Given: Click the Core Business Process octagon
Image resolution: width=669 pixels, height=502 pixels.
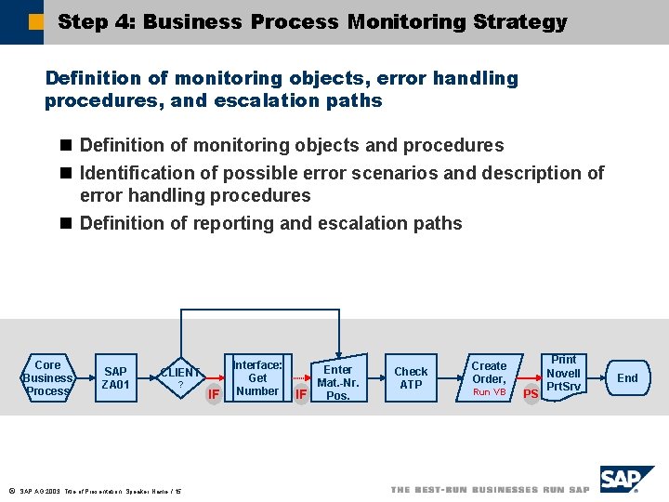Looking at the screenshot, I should coord(47,377).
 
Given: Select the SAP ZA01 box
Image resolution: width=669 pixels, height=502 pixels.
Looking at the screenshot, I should coord(116,377).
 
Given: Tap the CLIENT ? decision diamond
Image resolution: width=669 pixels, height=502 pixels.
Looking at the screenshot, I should coord(180,377).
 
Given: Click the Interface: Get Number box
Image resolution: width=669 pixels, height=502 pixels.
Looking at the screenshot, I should coord(257,377).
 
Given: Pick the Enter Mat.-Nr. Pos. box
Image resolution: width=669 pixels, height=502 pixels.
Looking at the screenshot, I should coord(337,377).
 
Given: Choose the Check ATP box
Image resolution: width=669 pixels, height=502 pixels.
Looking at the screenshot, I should coord(411,377).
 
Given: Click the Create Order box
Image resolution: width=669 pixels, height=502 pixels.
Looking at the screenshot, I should coord(489,377).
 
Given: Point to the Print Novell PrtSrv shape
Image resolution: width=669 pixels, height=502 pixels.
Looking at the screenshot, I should coord(563,375).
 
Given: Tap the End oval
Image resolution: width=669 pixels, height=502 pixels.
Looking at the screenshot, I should coord(627,377).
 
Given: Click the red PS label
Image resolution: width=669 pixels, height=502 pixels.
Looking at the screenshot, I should coord(531,394).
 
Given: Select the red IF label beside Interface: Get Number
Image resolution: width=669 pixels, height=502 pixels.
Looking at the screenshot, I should coord(214,394).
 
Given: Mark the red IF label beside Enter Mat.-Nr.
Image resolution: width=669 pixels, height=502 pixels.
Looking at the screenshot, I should coord(300,394).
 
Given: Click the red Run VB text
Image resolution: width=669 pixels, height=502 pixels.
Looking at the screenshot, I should coord(489,392).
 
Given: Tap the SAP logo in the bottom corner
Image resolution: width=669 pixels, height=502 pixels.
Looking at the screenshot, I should coord(626,481).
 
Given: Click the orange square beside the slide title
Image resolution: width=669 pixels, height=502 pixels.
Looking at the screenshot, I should coord(35,20).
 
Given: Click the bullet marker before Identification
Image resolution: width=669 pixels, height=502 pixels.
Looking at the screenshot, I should coord(65,173).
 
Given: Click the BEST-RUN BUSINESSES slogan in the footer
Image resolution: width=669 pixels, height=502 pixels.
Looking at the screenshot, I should coord(490,490).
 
